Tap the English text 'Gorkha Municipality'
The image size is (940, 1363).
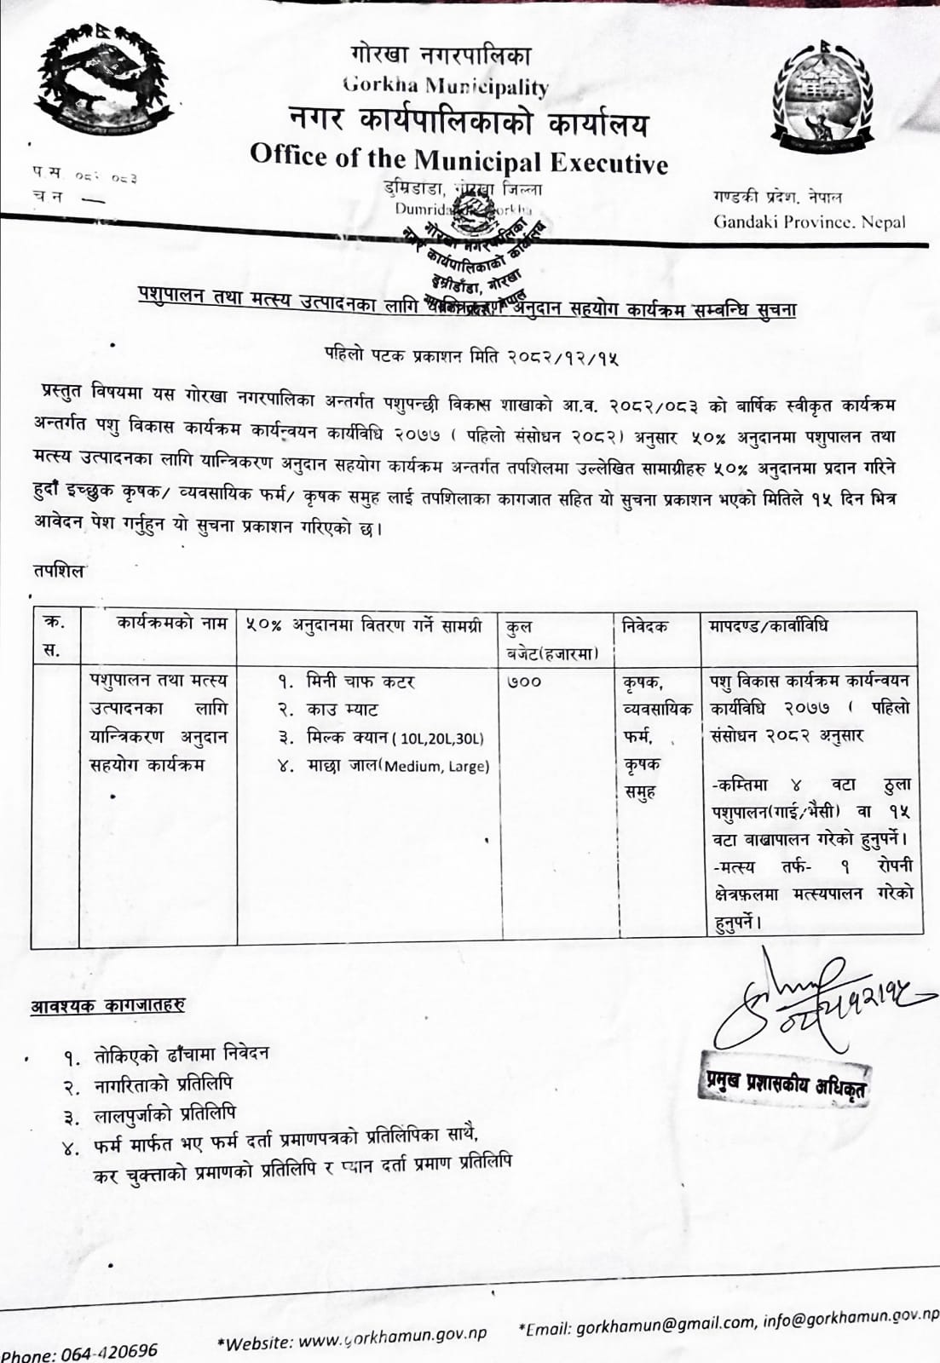pos(445,85)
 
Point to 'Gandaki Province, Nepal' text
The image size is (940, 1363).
pos(809,222)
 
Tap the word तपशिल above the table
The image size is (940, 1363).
pos(59,571)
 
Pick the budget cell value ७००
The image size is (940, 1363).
pos(523,681)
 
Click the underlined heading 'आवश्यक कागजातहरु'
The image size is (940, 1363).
pos(108,1005)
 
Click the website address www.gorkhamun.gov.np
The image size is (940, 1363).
pos(392,1339)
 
